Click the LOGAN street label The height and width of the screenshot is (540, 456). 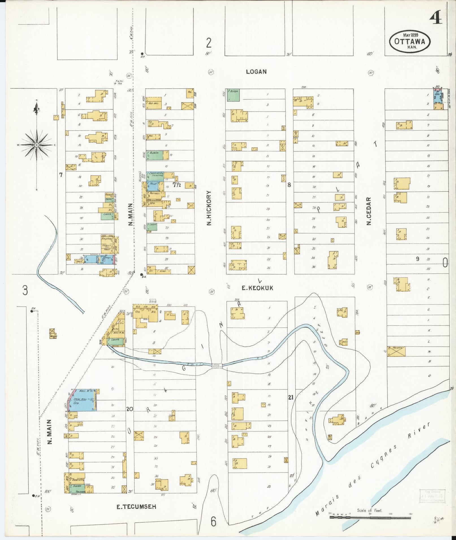click(x=256, y=72)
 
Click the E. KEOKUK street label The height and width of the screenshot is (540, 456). click(x=257, y=288)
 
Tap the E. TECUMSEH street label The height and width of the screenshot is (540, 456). click(x=137, y=507)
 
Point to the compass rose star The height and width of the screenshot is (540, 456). click(x=36, y=145)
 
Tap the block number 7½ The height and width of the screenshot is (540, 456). click(x=177, y=185)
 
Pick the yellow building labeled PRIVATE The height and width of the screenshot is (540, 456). click(x=396, y=351)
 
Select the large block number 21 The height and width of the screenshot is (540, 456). click(x=291, y=397)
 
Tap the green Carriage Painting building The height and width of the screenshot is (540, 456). click(x=155, y=175)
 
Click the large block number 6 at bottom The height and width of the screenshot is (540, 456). click(x=213, y=522)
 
